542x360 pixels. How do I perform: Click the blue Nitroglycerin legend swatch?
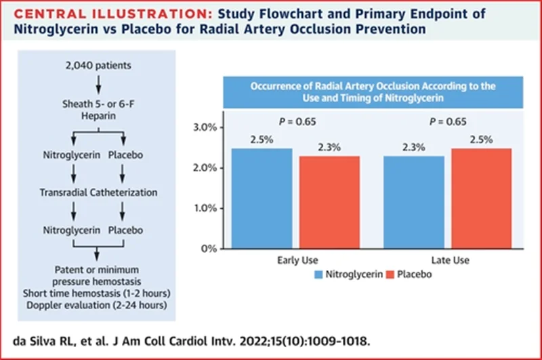(320, 275)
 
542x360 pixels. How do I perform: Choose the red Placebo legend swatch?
(390, 275)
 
